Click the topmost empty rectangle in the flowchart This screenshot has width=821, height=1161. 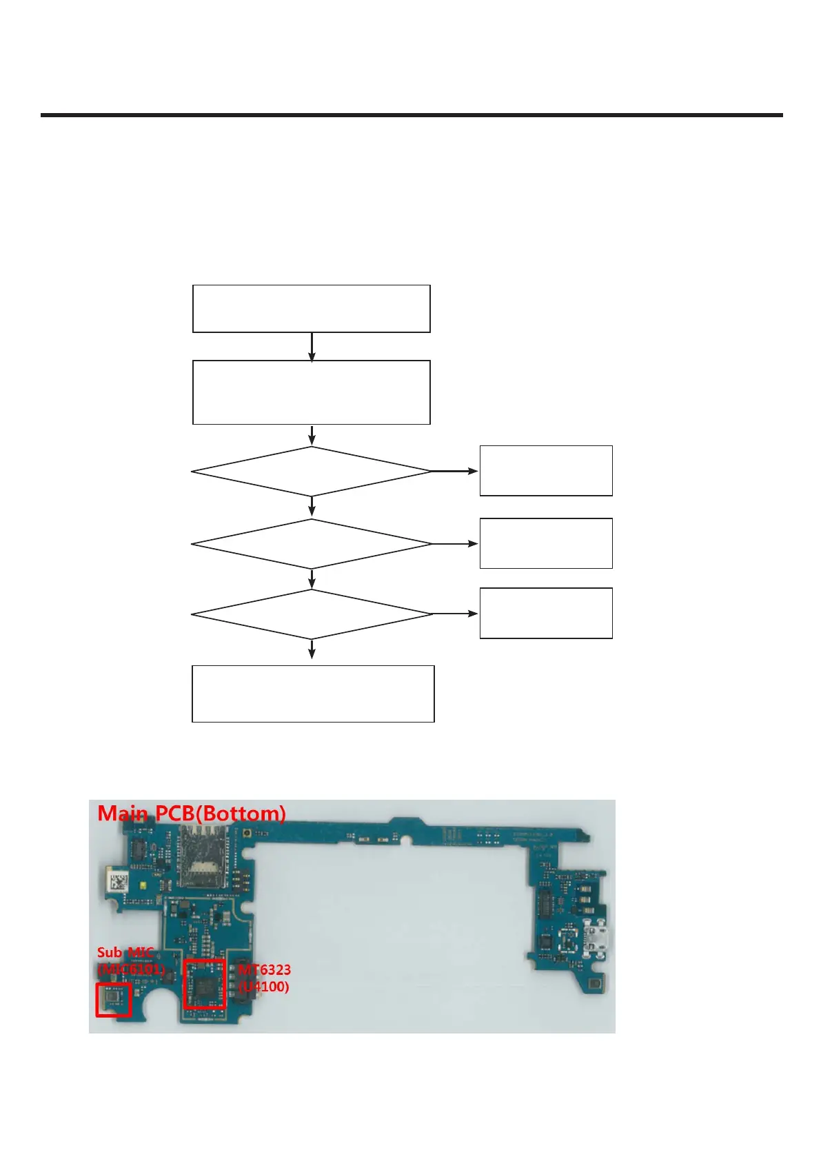click(311, 308)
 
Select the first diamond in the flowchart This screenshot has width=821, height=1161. click(311, 472)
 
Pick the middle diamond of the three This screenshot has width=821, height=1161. click(311, 544)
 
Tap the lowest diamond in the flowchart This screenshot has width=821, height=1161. click(311, 614)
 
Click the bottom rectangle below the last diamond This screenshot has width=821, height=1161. click(313, 694)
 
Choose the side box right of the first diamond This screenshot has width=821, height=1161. click(546, 471)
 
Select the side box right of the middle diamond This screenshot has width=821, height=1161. click(546, 543)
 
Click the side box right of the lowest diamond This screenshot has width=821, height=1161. click(546, 613)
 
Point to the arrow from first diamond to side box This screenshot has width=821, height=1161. click(455, 472)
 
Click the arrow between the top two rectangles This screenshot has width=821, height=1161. click(312, 347)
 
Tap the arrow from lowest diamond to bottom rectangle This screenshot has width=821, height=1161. click(312, 649)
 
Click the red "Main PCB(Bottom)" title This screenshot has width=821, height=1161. click(192, 814)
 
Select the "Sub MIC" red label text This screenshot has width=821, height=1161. click(125, 952)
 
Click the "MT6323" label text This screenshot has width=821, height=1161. click(265, 969)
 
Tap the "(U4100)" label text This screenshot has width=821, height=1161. click(263, 987)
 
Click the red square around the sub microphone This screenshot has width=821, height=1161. click(114, 1000)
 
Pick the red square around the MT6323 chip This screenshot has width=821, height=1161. click(205, 984)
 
